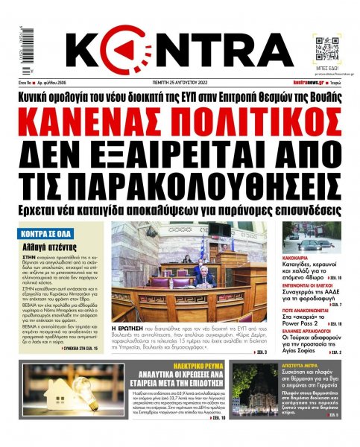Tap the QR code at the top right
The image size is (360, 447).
coord(326,47)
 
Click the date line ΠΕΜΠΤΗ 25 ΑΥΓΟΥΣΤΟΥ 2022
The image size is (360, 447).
coord(178,84)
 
